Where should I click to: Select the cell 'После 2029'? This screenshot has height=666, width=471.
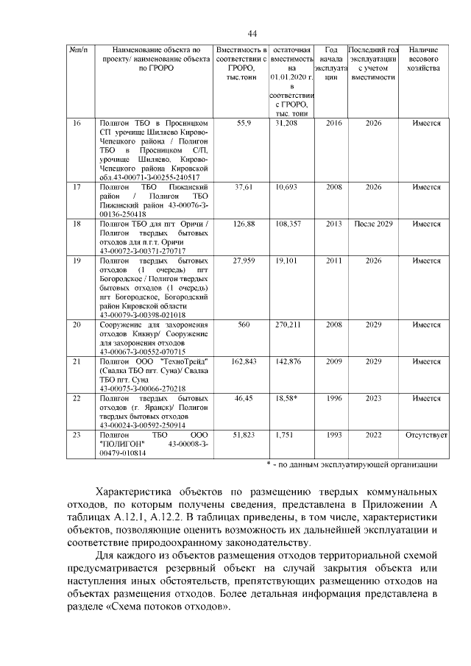373,224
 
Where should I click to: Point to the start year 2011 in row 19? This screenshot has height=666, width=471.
333,261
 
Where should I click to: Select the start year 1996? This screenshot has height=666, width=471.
333,398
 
